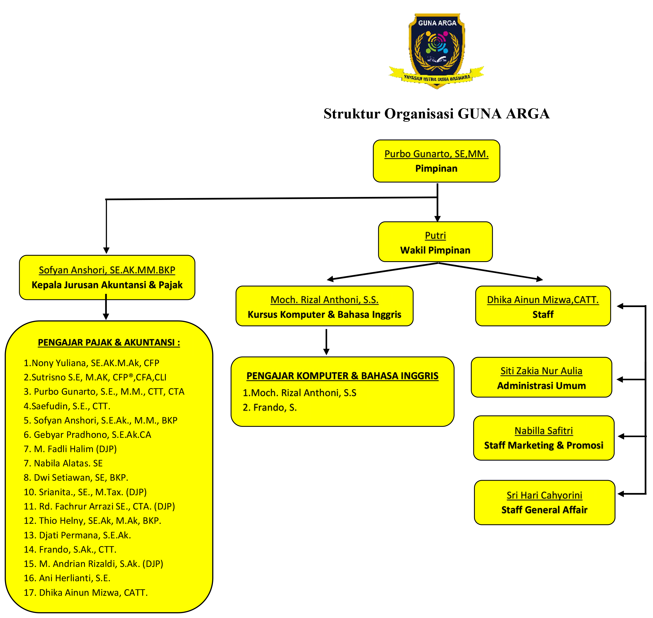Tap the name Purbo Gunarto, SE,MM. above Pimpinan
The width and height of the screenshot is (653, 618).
436,154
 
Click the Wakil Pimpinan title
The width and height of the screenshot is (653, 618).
435,250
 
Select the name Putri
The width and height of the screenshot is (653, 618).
435,236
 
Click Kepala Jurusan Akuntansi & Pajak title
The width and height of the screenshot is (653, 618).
107,285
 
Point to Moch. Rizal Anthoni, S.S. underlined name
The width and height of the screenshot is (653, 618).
324,300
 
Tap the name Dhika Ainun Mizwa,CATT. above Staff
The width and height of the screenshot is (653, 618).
543,300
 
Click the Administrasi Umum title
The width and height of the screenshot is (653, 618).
541,386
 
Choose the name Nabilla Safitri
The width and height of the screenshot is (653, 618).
544,431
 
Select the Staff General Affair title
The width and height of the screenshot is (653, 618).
544,510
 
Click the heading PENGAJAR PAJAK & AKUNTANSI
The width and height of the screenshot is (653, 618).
109,343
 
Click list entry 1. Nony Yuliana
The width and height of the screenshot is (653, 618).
91,363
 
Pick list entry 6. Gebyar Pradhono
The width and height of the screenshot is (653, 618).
87,435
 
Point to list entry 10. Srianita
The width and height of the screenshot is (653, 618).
85,492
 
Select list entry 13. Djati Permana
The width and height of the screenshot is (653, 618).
77,535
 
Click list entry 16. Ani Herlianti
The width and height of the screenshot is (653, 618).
67,578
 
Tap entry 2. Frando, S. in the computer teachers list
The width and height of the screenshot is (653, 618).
270,408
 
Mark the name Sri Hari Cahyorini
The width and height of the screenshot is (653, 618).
544,495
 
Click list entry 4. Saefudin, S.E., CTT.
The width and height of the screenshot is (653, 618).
67,406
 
